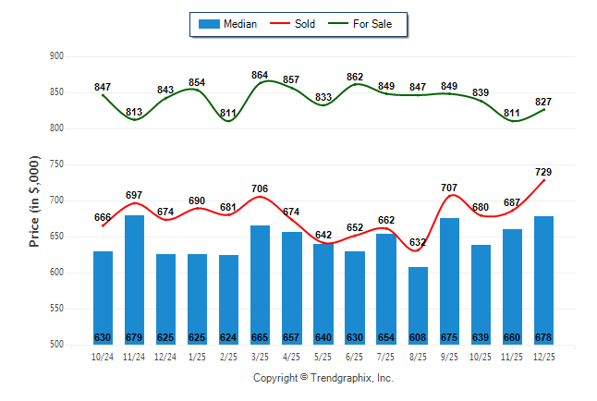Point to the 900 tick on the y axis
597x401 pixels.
tap(56, 56)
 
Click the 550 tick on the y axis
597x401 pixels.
tap(56, 309)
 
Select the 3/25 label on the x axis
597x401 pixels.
tap(260, 356)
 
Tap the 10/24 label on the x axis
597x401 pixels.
tap(103, 356)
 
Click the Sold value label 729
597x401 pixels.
tap(543, 173)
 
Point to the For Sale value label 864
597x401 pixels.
tap(260, 75)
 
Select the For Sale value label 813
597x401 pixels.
tap(134, 112)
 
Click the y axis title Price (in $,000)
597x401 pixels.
tap(34, 200)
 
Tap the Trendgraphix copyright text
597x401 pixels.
tap(323, 378)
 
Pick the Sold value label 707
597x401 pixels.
tap(449, 188)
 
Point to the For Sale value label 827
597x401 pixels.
tap(543, 102)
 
